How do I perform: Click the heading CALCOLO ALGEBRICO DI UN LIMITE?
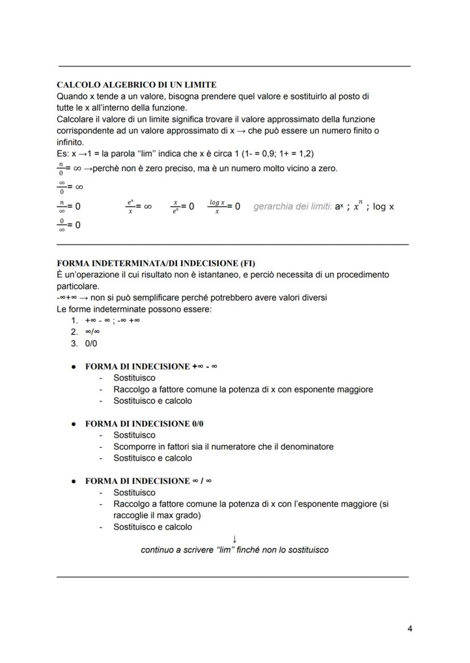coord(137,85)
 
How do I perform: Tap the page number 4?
coord(410,628)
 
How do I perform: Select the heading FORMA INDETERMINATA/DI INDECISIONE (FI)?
coord(156,263)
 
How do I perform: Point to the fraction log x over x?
coord(217,206)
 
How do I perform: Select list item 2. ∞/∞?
coord(85,332)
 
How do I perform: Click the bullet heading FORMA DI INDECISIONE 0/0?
coord(139,424)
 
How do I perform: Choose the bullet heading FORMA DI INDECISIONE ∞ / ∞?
coord(149,481)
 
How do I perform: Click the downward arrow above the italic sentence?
coord(234,538)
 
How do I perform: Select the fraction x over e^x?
coord(176,206)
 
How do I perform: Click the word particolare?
coord(78,286)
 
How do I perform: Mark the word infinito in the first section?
coord(70,142)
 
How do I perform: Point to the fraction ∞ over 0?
coord(62,187)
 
